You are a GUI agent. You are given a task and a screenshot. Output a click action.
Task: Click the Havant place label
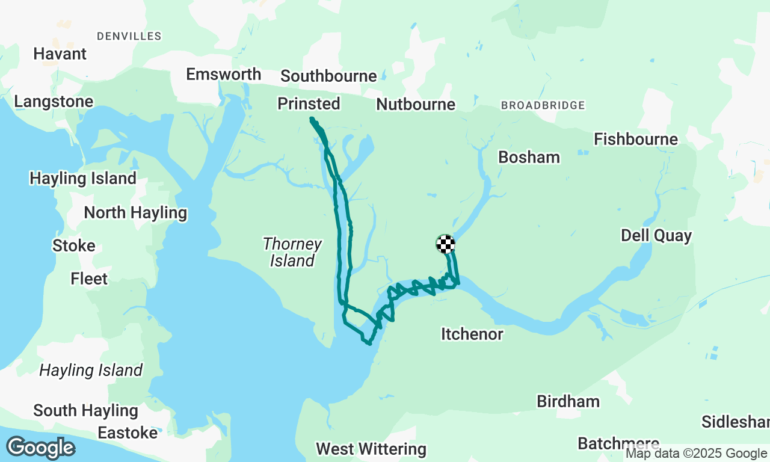(x=60, y=54)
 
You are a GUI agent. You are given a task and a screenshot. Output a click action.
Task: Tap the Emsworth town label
(x=223, y=74)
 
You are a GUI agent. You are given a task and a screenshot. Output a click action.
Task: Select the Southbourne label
(x=328, y=76)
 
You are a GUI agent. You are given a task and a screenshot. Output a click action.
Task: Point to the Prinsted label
(x=309, y=104)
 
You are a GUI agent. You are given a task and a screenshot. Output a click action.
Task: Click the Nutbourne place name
(x=415, y=105)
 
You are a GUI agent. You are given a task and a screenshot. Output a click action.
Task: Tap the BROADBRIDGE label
(x=543, y=105)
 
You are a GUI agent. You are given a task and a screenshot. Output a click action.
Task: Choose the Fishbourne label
(x=636, y=140)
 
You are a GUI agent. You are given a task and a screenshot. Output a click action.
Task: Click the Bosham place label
(x=529, y=157)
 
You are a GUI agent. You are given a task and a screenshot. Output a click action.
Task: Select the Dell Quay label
(x=656, y=235)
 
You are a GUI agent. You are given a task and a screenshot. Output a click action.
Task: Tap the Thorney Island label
(x=292, y=252)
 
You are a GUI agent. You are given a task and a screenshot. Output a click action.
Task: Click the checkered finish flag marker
(x=445, y=244)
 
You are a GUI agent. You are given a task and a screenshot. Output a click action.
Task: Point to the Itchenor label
(x=472, y=334)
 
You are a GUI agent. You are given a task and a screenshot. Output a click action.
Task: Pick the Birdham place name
(x=568, y=401)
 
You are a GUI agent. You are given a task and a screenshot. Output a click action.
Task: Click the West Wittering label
(x=371, y=449)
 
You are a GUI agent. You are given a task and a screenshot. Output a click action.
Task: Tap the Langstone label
(x=54, y=102)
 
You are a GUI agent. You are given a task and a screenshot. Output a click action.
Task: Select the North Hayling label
(x=135, y=213)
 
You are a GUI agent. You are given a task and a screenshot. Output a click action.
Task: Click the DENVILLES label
(x=129, y=36)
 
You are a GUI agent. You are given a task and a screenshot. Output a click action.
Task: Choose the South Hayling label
(x=85, y=411)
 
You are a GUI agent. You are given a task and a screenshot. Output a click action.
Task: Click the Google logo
(x=40, y=448)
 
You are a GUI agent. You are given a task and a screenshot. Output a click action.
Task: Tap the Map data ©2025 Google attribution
(x=696, y=454)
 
